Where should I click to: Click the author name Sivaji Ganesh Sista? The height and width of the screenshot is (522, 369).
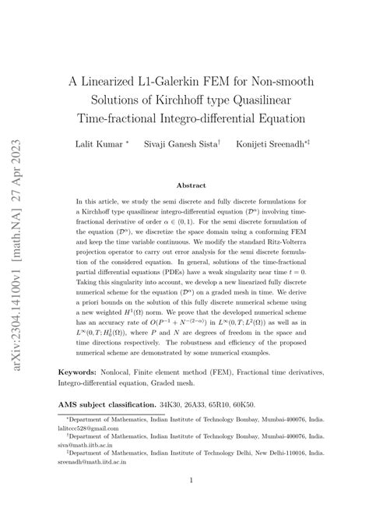189,144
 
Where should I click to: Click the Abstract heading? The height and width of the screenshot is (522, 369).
191,186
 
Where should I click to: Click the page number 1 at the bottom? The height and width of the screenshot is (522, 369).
191,502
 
